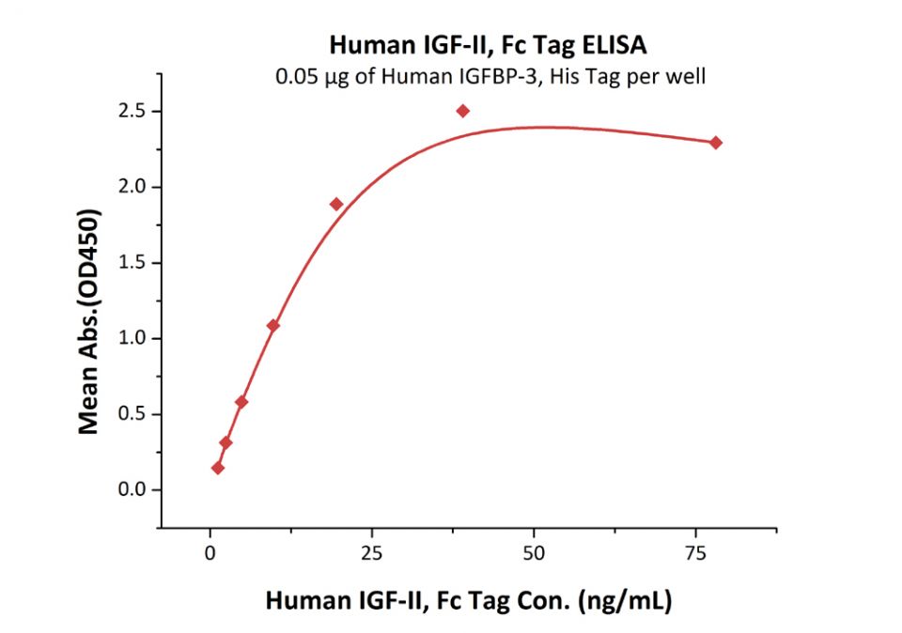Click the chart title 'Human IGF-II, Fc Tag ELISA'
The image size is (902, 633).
pyautogui.click(x=488, y=44)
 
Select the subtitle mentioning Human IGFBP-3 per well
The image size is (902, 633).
pyautogui.click(x=490, y=76)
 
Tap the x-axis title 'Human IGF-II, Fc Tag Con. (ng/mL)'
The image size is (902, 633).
pyautogui.click(x=468, y=601)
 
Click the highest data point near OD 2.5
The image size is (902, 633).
pyautogui.click(x=462, y=111)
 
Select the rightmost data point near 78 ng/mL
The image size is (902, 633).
pyautogui.click(x=716, y=143)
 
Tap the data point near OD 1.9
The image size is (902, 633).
pyautogui.click(x=336, y=204)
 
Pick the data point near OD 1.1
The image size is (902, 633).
pyautogui.click(x=273, y=326)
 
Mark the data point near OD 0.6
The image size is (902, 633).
pyautogui.click(x=241, y=402)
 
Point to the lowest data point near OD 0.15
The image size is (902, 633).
pyautogui.click(x=218, y=468)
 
